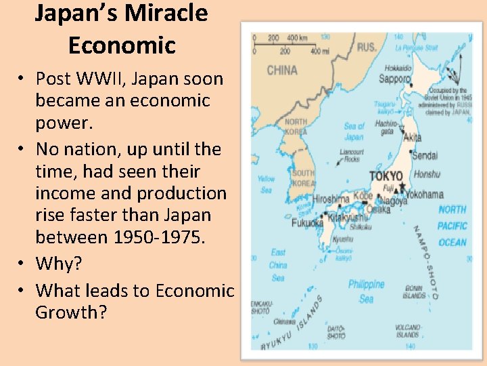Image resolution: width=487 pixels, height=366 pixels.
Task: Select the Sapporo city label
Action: click(x=394, y=79)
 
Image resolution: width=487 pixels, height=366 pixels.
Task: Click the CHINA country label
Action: click(x=282, y=70)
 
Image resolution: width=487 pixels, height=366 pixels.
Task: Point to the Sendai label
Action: click(x=425, y=155)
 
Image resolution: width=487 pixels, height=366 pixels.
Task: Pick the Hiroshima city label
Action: click(x=331, y=199)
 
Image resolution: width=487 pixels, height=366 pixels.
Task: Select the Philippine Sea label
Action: click(x=367, y=291)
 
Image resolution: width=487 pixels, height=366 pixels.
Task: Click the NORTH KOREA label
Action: click(x=296, y=126)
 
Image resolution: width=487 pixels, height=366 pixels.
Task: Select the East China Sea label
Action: click(x=277, y=265)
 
